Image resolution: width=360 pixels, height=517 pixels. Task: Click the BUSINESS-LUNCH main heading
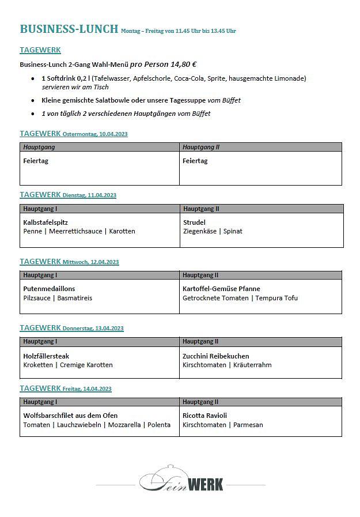click(69, 29)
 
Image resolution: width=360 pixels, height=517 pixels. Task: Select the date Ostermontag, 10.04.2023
click(95, 134)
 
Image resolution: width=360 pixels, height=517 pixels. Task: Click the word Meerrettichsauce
click(75, 231)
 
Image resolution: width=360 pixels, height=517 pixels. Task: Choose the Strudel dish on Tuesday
click(194, 222)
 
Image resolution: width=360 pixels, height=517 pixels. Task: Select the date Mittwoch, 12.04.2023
click(90, 262)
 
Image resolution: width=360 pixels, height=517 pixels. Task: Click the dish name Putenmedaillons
click(49, 289)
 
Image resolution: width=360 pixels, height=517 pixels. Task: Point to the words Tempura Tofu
click(276, 298)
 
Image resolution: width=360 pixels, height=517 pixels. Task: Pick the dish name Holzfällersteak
click(46, 356)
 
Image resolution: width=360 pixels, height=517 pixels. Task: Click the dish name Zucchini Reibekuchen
click(216, 356)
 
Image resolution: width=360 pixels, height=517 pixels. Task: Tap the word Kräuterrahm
click(252, 365)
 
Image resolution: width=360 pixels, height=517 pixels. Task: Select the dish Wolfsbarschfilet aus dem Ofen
click(70, 416)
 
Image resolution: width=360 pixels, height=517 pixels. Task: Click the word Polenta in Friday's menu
click(158, 425)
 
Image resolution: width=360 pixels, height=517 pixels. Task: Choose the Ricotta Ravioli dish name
click(204, 416)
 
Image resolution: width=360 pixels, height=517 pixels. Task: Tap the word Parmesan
click(248, 425)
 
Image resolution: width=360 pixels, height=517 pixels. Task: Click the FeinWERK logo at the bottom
click(181, 480)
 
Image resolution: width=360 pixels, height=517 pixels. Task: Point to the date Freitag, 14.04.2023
click(87, 389)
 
